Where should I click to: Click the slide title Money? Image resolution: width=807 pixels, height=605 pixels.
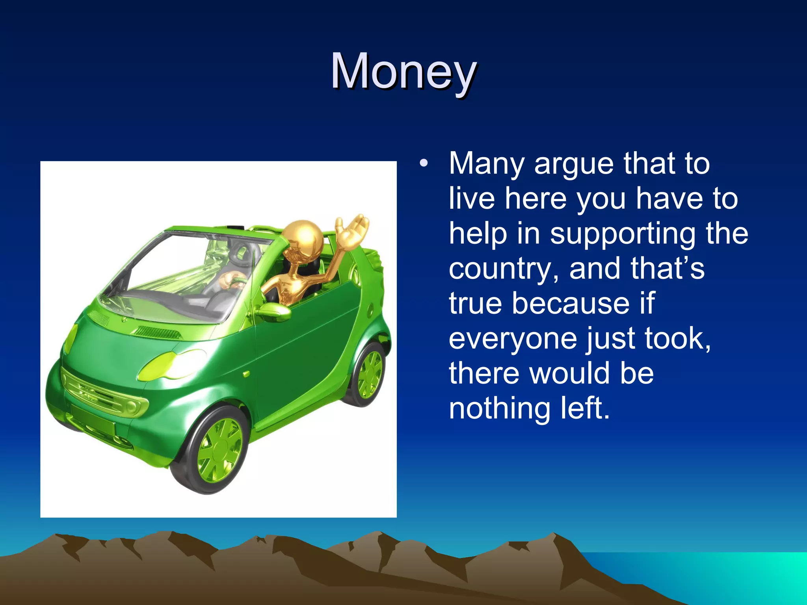coord(403,72)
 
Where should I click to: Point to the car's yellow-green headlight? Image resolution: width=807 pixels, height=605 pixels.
coord(172,365)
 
